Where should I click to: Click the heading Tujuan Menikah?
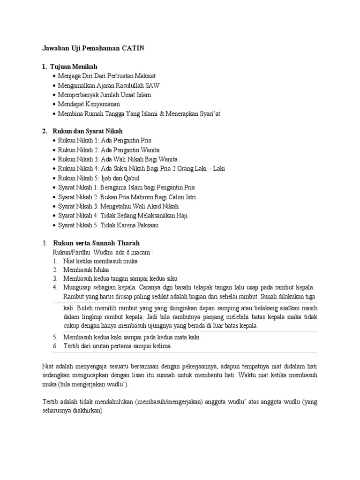point(73,67)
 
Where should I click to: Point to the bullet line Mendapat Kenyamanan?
point(89,104)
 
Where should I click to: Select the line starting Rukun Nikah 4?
point(141,169)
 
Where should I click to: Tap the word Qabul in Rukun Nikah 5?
point(130,178)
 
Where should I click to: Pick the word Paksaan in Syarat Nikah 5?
point(146,225)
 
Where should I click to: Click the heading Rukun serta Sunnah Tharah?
point(96,243)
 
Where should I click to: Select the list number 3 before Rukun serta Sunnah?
point(44,243)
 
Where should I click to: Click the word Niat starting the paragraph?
point(48,366)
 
